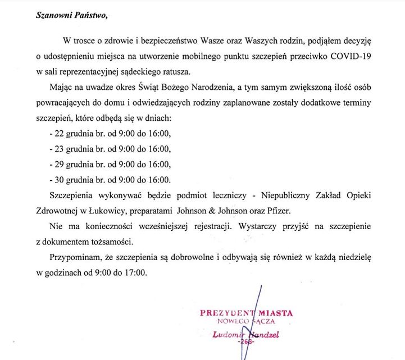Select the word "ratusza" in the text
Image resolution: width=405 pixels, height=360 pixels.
(x=175, y=71)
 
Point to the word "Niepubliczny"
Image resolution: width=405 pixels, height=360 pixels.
(x=269, y=195)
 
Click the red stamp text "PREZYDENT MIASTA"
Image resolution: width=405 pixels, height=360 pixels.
(x=246, y=313)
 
